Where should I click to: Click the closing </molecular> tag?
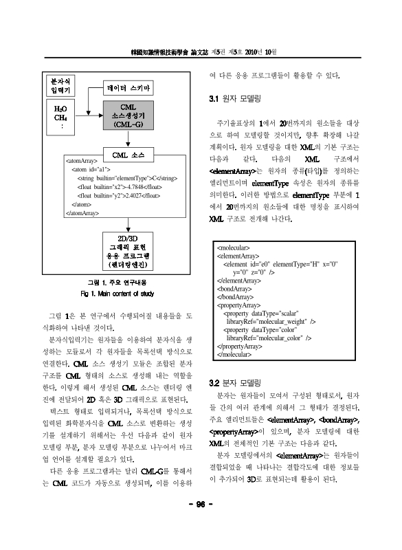234,355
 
